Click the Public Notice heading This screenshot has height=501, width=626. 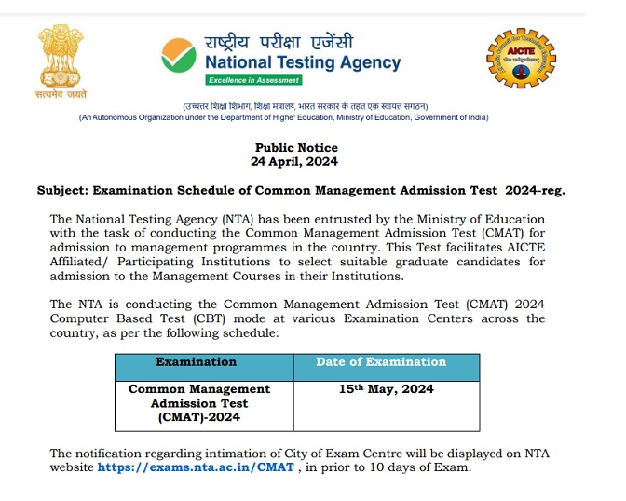tap(296, 148)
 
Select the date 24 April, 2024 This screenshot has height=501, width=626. tap(296, 161)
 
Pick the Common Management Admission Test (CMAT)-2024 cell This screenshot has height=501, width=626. tap(198, 402)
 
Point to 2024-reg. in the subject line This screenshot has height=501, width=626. tap(536, 190)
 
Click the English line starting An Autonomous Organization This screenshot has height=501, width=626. tap(283, 117)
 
